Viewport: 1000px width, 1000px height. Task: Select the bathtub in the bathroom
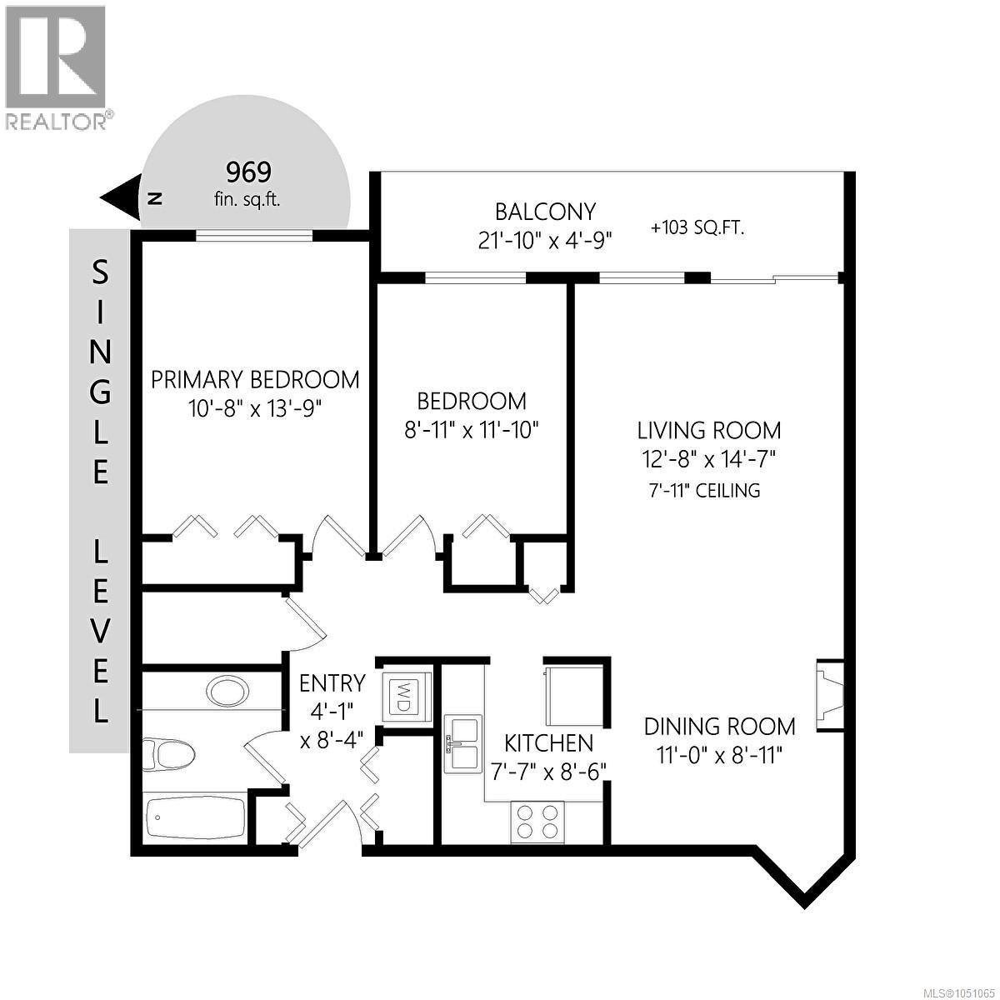[196, 817]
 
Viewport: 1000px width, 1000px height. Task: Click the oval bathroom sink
[227, 691]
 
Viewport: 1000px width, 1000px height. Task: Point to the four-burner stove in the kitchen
[537, 822]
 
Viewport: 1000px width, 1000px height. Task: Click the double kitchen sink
[463, 743]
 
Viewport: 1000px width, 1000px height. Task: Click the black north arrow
[120, 197]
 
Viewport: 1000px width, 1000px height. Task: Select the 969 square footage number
[248, 172]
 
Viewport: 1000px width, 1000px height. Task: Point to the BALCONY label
[545, 212]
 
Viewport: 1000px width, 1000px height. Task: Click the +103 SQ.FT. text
[698, 228]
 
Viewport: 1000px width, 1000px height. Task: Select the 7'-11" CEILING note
[705, 490]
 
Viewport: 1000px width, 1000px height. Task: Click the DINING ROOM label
[720, 727]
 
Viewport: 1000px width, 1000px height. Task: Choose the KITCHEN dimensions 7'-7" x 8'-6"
[549, 772]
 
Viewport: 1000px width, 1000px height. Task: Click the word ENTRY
[332, 683]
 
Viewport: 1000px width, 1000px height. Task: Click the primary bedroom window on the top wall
[254, 236]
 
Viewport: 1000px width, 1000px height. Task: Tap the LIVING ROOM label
[709, 430]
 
